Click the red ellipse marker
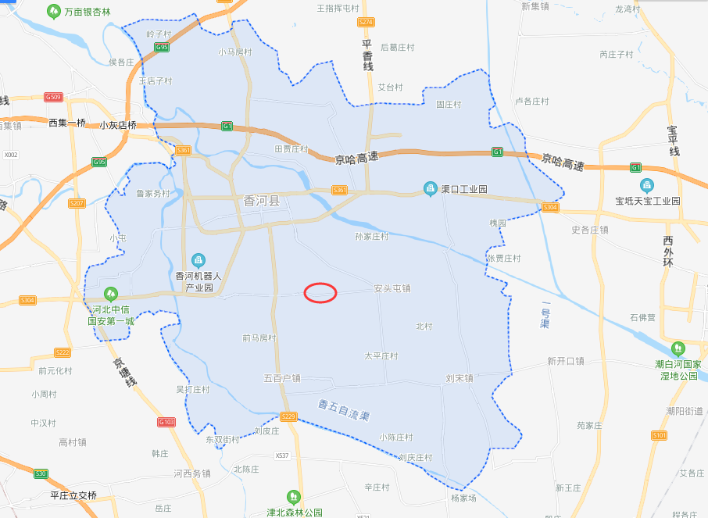320,292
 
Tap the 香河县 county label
262,201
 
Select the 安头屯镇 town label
392,288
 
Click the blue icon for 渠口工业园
430,188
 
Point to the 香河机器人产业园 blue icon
198,260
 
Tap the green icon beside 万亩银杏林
54,12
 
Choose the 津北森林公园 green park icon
293,497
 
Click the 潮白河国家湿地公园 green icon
678,348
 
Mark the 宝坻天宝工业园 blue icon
647,185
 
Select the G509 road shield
53,97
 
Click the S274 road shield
366,22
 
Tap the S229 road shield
288,416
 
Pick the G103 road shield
166,422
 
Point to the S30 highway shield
41,473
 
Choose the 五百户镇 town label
282,378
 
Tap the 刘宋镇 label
459,378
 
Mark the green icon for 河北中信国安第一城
110,294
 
